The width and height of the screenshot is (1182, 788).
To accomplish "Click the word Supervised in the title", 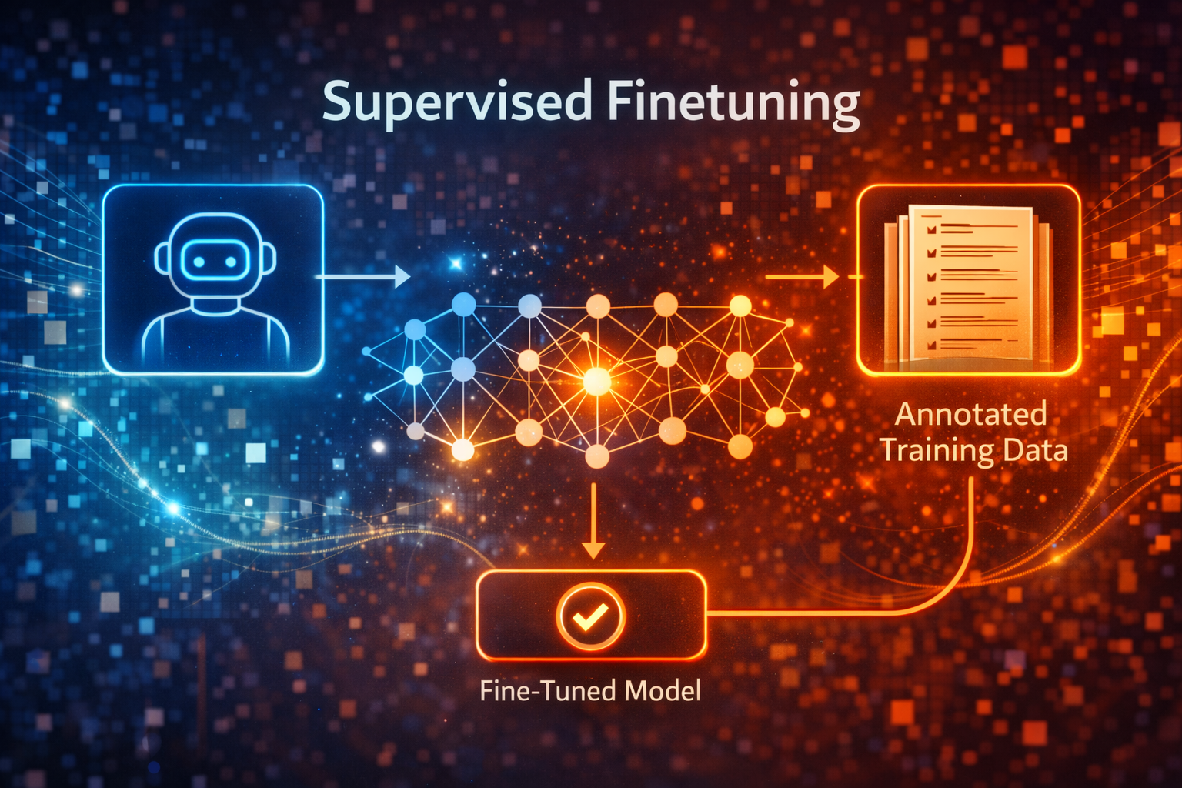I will pos(457,103).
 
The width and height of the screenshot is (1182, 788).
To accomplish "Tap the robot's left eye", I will pos(199,262).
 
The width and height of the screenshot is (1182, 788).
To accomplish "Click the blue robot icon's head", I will pos(215,257).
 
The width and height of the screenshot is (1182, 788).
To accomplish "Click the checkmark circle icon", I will pos(591,616).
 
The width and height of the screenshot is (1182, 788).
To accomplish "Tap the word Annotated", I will pos(970,415).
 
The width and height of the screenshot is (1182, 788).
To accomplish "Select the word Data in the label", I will pos(1035,450).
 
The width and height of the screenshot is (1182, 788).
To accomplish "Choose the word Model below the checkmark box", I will pos(663,690).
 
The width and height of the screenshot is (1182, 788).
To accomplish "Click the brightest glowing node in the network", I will pos(596,380).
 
